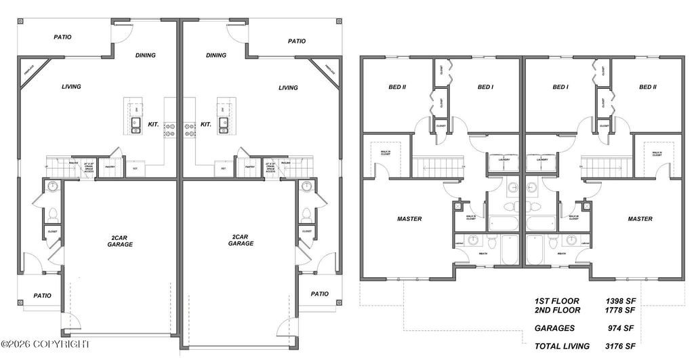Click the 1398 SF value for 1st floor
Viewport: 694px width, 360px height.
tap(620, 299)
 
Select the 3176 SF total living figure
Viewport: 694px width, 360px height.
tap(620, 346)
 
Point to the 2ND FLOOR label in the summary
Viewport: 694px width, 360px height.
tap(557, 310)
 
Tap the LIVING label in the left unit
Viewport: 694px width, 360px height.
tap(71, 87)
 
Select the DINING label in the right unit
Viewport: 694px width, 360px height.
tap(216, 56)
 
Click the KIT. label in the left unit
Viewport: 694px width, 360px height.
tap(153, 125)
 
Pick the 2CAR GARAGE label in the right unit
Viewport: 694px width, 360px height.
tap(241, 240)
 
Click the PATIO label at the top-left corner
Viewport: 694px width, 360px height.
tap(62, 37)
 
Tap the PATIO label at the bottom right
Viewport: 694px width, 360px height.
tap(319, 294)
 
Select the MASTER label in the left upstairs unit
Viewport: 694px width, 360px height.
tap(409, 219)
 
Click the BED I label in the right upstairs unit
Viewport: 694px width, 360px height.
tap(560, 87)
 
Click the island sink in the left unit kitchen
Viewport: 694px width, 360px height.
tap(135, 124)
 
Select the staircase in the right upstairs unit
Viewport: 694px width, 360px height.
tap(603, 165)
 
